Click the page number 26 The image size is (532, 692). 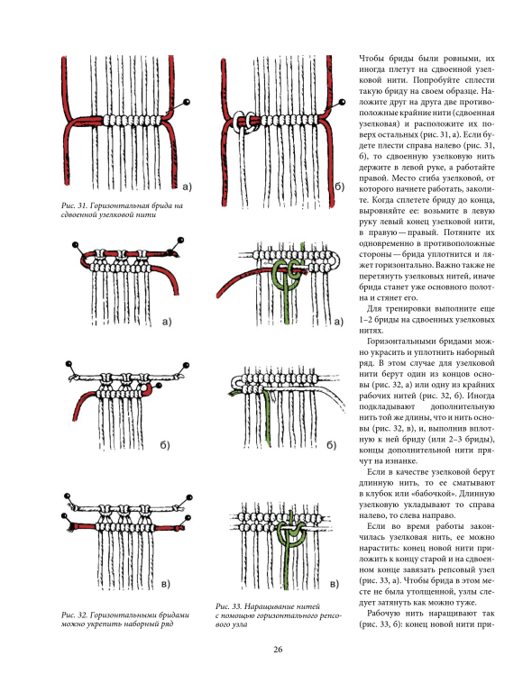tap(277, 649)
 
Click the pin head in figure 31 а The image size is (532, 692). tap(188, 103)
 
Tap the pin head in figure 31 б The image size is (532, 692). tap(342, 103)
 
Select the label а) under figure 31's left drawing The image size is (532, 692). tap(187, 187)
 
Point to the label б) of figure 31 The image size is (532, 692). tap(339, 187)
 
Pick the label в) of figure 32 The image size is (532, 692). tap(165, 584)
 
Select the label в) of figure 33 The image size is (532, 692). tap(335, 584)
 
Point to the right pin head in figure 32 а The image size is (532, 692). tap(179, 241)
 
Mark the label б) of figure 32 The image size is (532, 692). tap(165, 445)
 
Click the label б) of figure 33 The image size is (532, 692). tap(332, 445)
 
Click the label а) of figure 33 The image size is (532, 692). tap(339, 322)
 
